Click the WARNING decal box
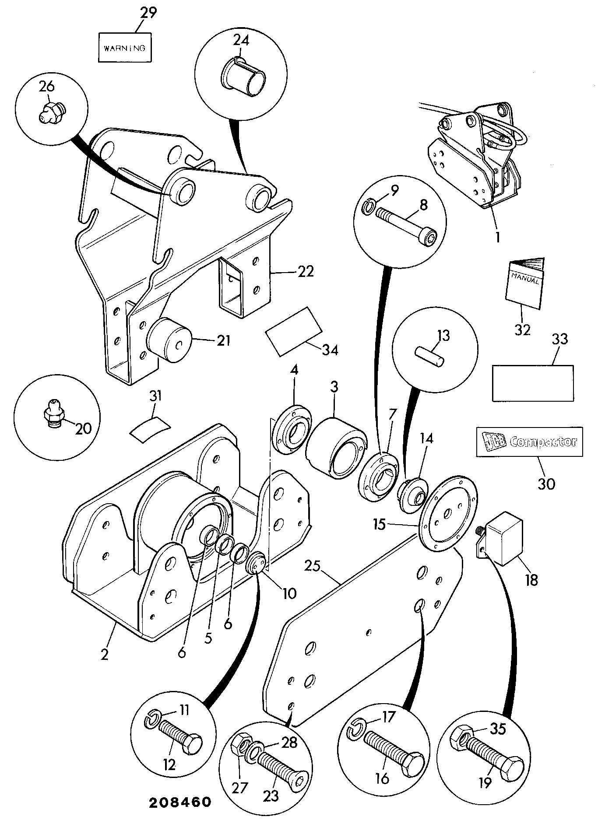click(124, 47)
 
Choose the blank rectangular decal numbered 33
click(533, 383)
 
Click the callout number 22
click(305, 272)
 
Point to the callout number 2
click(105, 655)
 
